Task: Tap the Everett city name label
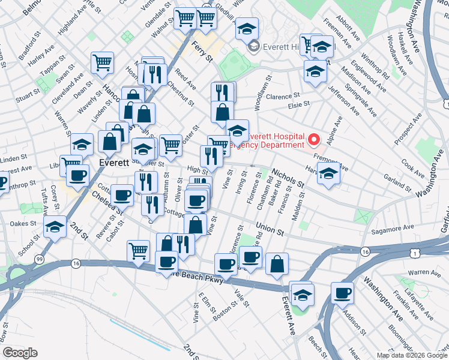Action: (115, 163)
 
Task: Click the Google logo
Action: (20, 352)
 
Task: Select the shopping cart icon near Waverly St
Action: (103, 62)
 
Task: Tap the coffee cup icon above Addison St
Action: (343, 294)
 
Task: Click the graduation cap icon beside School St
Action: (55, 227)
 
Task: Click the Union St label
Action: (268, 229)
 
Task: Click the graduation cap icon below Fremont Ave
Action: (328, 173)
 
